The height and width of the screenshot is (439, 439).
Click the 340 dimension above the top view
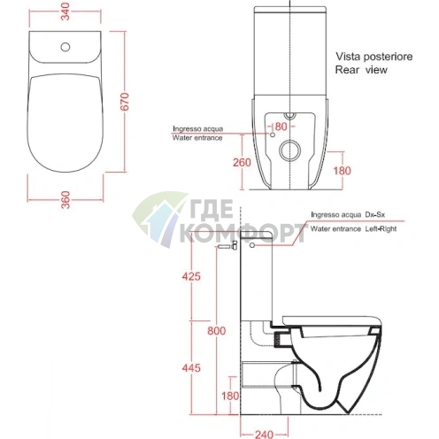click(66, 12)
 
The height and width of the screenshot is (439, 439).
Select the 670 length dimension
click(125, 101)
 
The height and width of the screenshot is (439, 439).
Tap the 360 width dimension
click(66, 200)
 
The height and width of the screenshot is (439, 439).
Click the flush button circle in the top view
click(65, 47)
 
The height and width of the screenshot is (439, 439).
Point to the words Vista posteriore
click(374, 57)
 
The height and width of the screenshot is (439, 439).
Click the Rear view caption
click(361, 70)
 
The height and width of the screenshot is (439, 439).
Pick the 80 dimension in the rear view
click(281, 127)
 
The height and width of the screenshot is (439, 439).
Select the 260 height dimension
click(242, 163)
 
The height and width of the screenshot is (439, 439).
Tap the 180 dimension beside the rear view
click(343, 171)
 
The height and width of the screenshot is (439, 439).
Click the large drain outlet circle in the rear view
click(290, 150)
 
